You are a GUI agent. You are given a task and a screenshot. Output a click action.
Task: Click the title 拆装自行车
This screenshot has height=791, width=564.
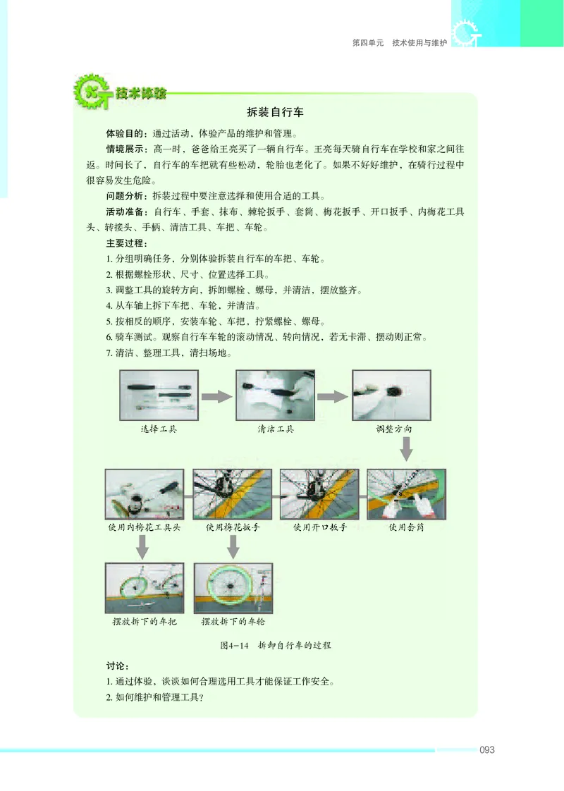pyautogui.click(x=275, y=112)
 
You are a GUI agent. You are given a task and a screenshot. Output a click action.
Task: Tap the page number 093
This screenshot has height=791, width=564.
pyautogui.click(x=486, y=750)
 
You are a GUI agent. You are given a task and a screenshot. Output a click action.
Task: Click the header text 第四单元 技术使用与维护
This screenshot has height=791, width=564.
pyautogui.click(x=399, y=43)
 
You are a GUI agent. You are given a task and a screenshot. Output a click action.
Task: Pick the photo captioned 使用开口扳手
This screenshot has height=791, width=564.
pyautogui.click(x=319, y=493)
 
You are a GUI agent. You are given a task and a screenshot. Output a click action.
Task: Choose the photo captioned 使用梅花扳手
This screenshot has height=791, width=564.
pyautogui.click(x=232, y=493)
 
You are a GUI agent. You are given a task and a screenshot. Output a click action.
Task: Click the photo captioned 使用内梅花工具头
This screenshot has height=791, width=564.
pyautogui.click(x=145, y=493)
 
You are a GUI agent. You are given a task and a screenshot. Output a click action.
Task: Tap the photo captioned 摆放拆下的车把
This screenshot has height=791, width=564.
pyautogui.click(x=145, y=588)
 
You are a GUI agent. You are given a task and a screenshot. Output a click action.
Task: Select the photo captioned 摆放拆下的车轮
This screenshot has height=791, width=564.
pyautogui.click(x=232, y=588)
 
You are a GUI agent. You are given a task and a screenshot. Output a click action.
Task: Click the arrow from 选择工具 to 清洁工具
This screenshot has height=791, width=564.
pyautogui.click(x=216, y=396)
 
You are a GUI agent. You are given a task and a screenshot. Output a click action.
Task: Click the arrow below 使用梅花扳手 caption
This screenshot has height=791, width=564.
pyautogui.click(x=232, y=546)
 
